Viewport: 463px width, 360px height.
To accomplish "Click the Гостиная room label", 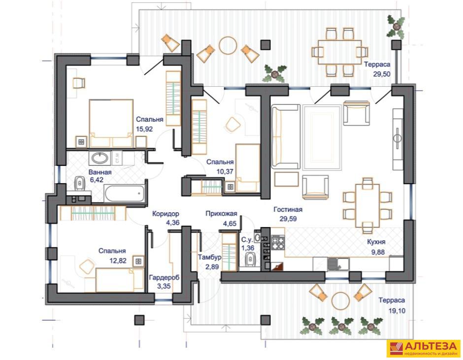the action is (x=288, y=209).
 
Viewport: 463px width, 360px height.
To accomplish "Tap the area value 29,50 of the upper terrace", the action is (x=382, y=74).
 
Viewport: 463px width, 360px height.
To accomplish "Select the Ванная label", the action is (x=100, y=172).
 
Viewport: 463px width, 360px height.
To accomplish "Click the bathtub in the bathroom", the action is (x=125, y=194).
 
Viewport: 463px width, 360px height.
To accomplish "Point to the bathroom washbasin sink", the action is (x=100, y=158).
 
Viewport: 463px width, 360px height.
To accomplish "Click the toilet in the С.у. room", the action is (x=250, y=259).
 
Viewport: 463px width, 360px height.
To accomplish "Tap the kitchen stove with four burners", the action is (x=278, y=242).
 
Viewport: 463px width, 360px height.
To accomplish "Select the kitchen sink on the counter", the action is (x=338, y=264).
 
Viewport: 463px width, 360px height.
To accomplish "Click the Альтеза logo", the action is (x=423, y=349).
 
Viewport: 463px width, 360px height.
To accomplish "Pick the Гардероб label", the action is (x=164, y=278).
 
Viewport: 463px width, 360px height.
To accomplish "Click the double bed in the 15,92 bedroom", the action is (x=111, y=123).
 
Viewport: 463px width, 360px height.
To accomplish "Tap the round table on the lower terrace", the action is (x=340, y=301).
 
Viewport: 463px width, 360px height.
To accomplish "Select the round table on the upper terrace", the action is (x=228, y=45).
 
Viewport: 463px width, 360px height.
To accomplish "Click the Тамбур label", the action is (x=209, y=257).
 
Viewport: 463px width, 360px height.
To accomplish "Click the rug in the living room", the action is (x=322, y=137).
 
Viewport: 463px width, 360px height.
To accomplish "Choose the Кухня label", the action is (x=376, y=242).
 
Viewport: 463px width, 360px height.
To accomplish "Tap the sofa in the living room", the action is (x=286, y=136).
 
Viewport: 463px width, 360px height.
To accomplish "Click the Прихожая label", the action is (x=222, y=214).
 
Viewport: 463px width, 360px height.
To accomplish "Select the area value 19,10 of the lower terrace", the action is (x=397, y=311).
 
